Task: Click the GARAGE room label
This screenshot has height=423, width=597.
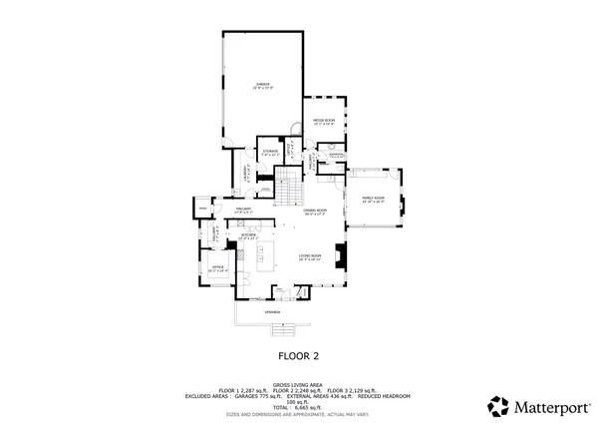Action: [263, 85]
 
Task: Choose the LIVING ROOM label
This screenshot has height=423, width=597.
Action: [310, 257]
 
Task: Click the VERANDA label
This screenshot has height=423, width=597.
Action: [271, 312]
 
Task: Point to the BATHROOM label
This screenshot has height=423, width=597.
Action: [337, 155]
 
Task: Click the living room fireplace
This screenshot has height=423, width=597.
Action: [340, 255]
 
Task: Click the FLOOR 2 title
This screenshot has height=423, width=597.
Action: [298, 354]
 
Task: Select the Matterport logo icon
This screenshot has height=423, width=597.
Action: [497, 405]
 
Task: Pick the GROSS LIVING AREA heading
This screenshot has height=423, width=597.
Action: [298, 383]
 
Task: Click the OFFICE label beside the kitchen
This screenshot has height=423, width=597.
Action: [214, 267]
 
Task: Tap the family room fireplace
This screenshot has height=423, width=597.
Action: [402, 208]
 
